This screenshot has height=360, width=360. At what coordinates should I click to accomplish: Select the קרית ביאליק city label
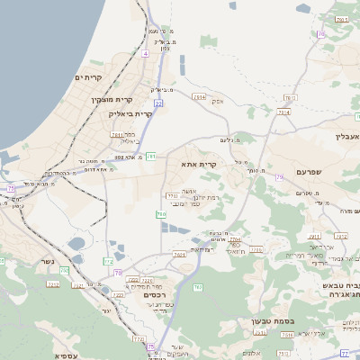pos(106,114)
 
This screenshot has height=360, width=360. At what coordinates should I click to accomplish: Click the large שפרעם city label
pos(315,171)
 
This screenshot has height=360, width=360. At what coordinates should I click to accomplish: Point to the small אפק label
pos(217,101)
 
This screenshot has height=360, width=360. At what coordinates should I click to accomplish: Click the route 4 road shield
pos(144,54)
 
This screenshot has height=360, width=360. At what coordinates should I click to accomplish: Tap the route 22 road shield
pos(158,103)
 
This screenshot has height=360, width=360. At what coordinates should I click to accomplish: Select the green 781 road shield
pos(151,157)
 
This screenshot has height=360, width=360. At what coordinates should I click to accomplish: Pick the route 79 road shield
pos(279,177)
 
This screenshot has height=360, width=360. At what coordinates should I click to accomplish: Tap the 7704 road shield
pos(235,240)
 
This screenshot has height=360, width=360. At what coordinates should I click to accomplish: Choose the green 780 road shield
pos(161,214)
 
